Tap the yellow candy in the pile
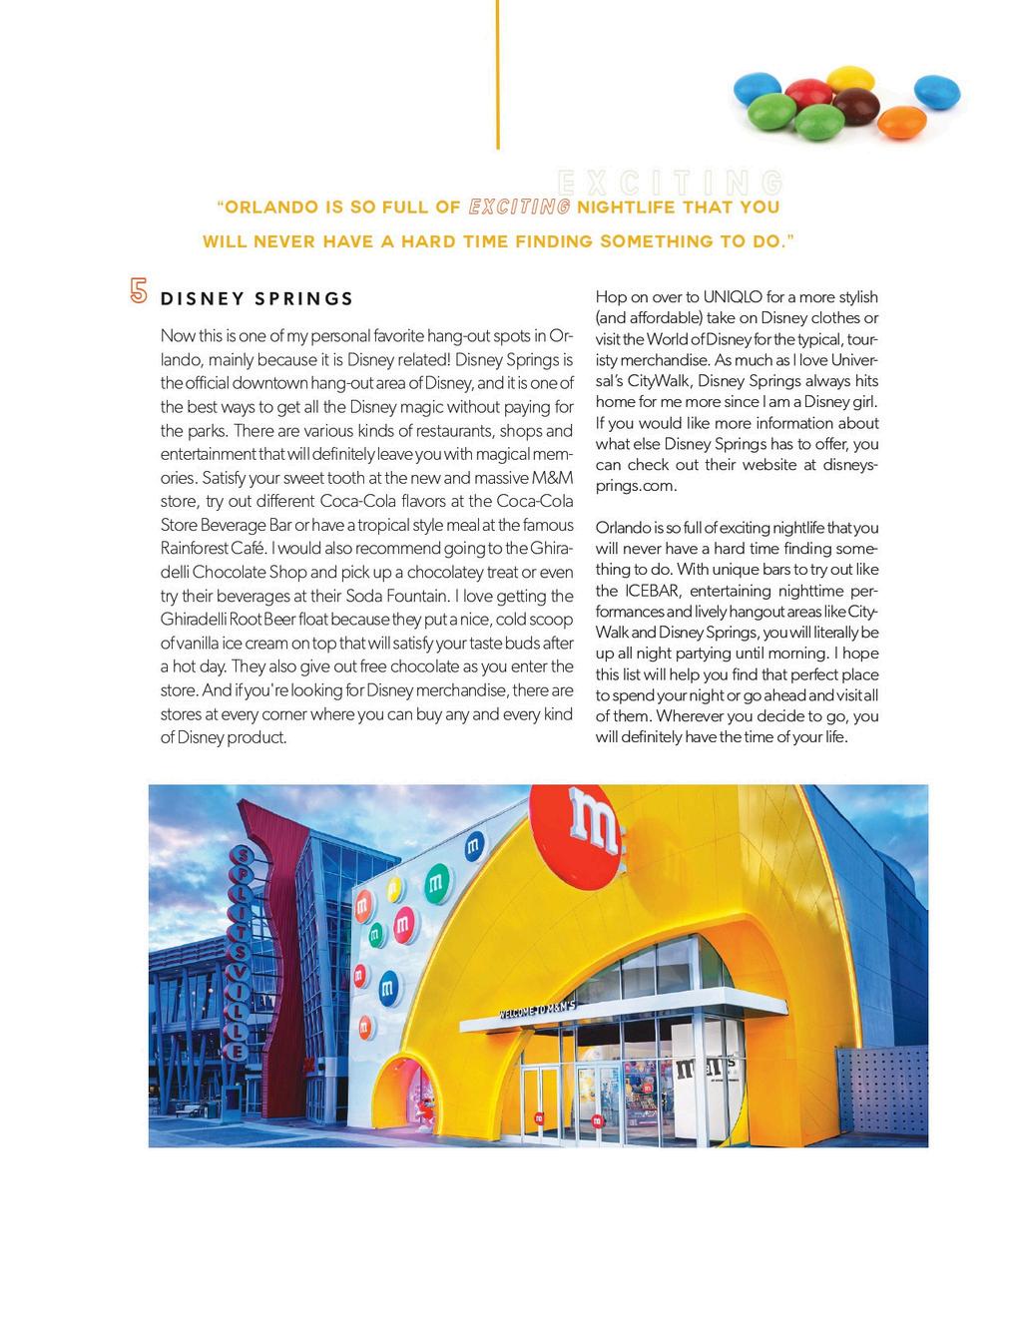coord(850,79)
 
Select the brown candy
coord(855,105)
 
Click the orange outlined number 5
coord(139,290)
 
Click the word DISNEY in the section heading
coord(198,298)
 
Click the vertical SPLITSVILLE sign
coord(239,953)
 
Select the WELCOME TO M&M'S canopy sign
coord(537,1010)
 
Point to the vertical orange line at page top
coord(497,75)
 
